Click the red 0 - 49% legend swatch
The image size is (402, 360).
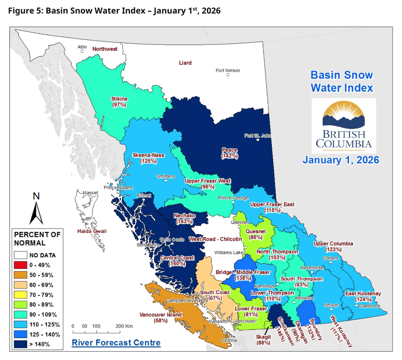point(20,265)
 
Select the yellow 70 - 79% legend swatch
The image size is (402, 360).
point(20,295)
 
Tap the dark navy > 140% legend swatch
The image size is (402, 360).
point(20,344)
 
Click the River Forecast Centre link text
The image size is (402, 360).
point(116,343)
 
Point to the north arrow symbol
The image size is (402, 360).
point(36,213)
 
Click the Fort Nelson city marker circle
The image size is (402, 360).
point(228,75)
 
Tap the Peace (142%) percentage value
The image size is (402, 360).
point(229,156)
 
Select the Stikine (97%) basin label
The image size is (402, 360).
point(119,102)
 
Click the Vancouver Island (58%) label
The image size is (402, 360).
point(161,317)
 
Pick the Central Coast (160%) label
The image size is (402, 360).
point(177,261)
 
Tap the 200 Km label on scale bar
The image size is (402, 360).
point(124,326)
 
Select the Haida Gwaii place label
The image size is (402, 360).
point(92,231)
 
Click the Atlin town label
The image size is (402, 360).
point(82,47)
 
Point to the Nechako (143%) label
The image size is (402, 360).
point(185,218)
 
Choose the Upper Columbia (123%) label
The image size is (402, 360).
point(333,247)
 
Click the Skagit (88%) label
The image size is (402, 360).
point(263,340)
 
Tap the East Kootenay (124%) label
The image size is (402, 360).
point(363,296)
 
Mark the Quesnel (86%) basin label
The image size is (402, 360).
point(256,234)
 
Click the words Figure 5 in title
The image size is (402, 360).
point(25,11)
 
